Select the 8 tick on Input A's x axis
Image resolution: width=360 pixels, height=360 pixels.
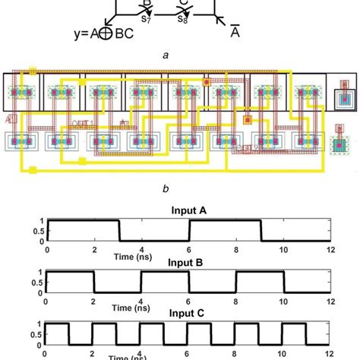tap(236, 249)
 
